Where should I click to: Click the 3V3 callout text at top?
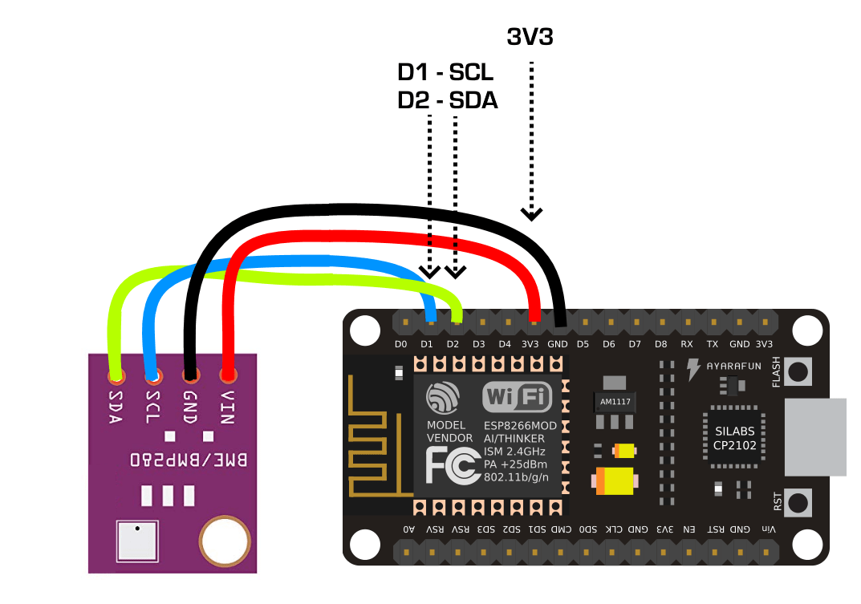(530, 36)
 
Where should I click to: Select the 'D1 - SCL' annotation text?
(445, 73)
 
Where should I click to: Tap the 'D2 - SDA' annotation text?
(448, 101)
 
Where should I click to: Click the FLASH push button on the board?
(798, 371)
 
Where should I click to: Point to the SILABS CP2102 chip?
(734, 438)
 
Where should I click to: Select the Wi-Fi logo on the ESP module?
(517, 396)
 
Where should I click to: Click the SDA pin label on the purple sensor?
(115, 408)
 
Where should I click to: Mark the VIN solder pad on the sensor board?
(228, 375)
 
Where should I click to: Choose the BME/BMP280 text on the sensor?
(189, 461)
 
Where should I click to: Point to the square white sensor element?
(139, 541)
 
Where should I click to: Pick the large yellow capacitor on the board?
(615, 481)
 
